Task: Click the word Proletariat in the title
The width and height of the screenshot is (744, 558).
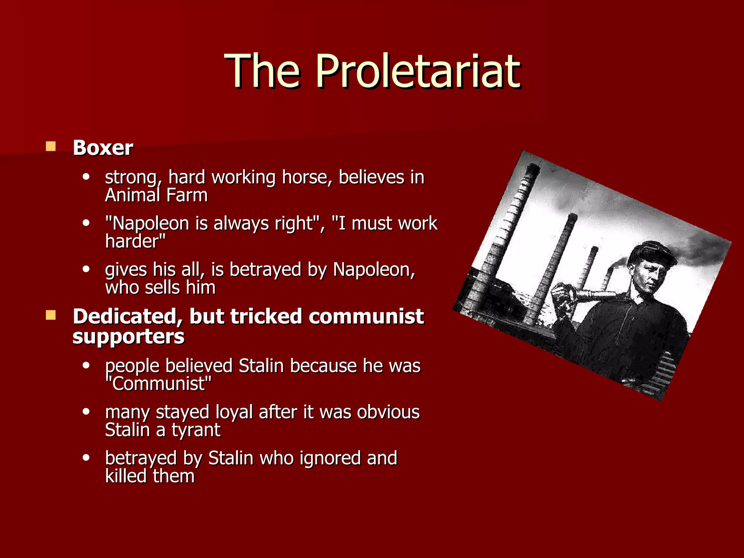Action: [x=418, y=71]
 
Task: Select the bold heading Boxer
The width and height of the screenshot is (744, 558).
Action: [x=103, y=148]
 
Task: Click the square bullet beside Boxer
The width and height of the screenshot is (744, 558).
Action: [x=50, y=146]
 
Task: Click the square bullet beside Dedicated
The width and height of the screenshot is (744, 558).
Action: [x=50, y=315]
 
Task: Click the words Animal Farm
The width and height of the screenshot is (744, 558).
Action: [x=156, y=195]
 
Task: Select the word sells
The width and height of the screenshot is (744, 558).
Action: [x=162, y=287]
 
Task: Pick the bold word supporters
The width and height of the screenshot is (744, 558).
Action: [x=128, y=336]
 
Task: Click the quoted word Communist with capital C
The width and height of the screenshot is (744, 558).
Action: [x=158, y=384]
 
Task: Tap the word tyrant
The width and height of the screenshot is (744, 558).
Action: [x=196, y=430]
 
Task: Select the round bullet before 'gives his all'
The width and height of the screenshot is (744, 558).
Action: [x=86, y=269]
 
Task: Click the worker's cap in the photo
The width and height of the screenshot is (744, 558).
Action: [x=652, y=252]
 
